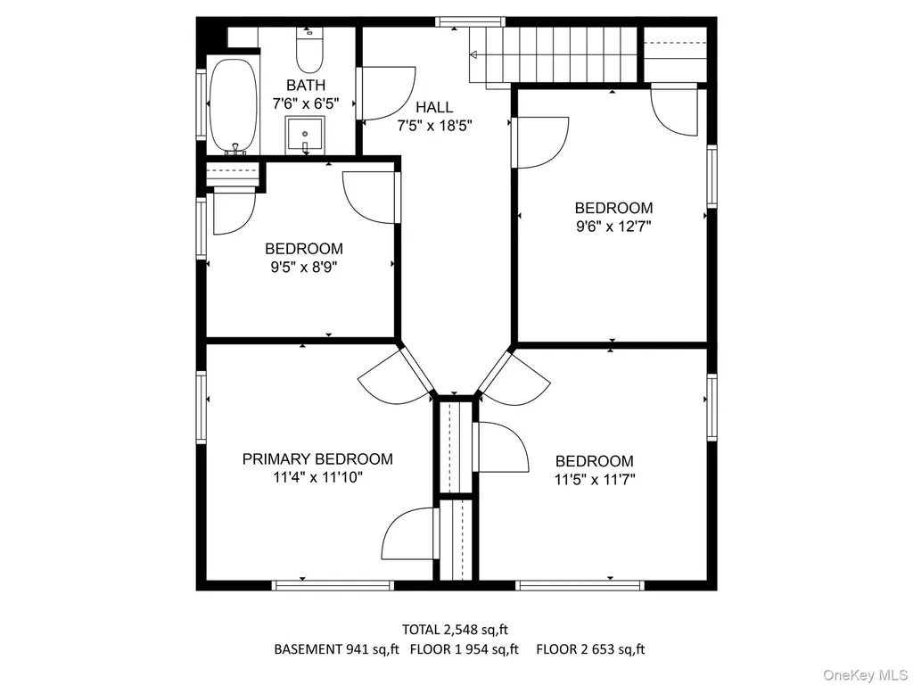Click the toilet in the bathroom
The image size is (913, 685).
(x=309, y=50)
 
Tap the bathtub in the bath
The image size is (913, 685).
(x=233, y=105)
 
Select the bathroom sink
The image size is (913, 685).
(x=305, y=136)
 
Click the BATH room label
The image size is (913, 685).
(x=306, y=85)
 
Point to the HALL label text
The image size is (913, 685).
(x=434, y=107)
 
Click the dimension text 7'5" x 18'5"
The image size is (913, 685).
(x=434, y=125)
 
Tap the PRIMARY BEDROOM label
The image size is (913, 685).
(x=317, y=459)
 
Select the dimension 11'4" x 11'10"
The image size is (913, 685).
(x=318, y=478)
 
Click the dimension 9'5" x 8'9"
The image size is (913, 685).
(x=304, y=268)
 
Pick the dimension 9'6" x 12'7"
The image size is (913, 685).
(x=613, y=226)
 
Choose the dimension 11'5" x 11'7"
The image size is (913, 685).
(x=595, y=479)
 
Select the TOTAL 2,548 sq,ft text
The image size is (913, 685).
(x=455, y=630)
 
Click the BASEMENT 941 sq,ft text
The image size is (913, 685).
(x=336, y=649)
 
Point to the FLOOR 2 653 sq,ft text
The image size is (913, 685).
(x=590, y=649)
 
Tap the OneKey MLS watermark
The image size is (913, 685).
(x=865, y=675)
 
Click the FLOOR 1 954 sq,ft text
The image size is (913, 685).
(x=464, y=649)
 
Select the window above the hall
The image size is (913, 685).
(x=470, y=22)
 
